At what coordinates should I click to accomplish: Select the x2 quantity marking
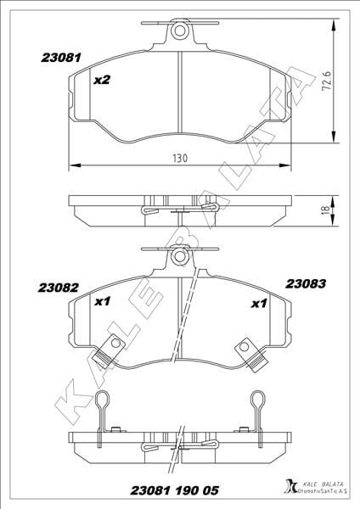(x=101, y=81)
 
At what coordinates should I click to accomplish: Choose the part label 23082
(x=60, y=287)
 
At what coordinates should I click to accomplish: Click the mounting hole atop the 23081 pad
(x=179, y=32)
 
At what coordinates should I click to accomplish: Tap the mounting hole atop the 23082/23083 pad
(x=179, y=255)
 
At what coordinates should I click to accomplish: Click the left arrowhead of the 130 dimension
(x=71, y=165)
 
